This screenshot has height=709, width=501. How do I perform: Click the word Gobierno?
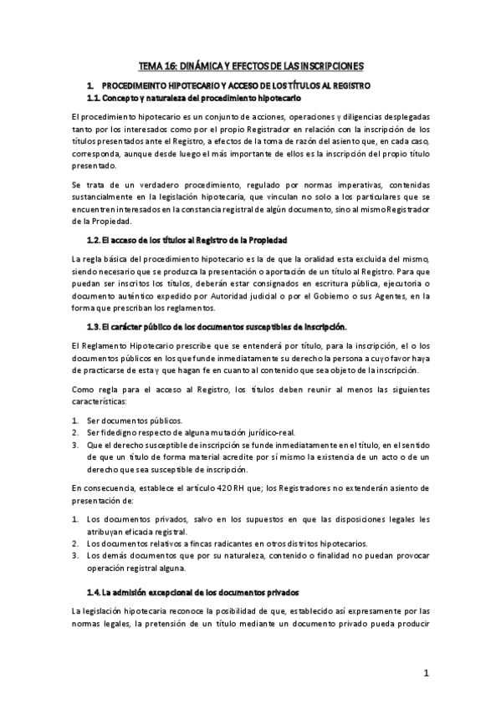pyautogui.click(x=374, y=296)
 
